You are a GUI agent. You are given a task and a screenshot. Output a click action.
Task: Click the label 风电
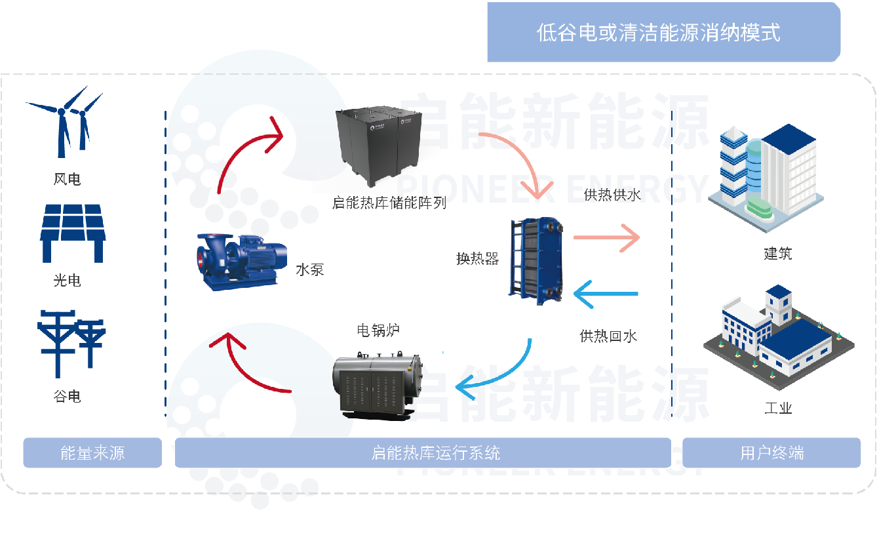pyautogui.click(x=67, y=179)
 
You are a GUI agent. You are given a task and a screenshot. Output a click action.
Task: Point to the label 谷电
pyautogui.click(x=67, y=396)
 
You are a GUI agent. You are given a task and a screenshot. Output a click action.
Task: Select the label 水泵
pyautogui.click(x=309, y=269)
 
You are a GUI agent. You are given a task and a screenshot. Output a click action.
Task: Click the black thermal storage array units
pyautogui.click(x=376, y=145)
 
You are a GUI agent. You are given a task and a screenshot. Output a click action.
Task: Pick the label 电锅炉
pyautogui.click(x=378, y=330)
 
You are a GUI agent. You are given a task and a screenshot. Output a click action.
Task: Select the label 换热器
pyautogui.click(x=477, y=258)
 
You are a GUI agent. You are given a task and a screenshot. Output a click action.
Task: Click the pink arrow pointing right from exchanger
pyautogui.click(x=606, y=238)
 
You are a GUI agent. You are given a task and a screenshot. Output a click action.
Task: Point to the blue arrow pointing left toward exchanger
pyautogui.click(x=606, y=294)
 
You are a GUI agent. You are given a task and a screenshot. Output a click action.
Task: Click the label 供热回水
pyautogui.click(x=608, y=336)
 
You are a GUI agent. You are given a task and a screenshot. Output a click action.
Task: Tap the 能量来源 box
pyautogui.click(x=92, y=452)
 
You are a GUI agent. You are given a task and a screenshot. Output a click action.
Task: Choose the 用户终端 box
pyautogui.click(x=771, y=452)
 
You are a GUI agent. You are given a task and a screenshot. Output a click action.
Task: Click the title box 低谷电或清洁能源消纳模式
pyautogui.click(x=663, y=33)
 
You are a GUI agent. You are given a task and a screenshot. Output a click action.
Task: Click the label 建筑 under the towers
pyautogui.click(x=777, y=253)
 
